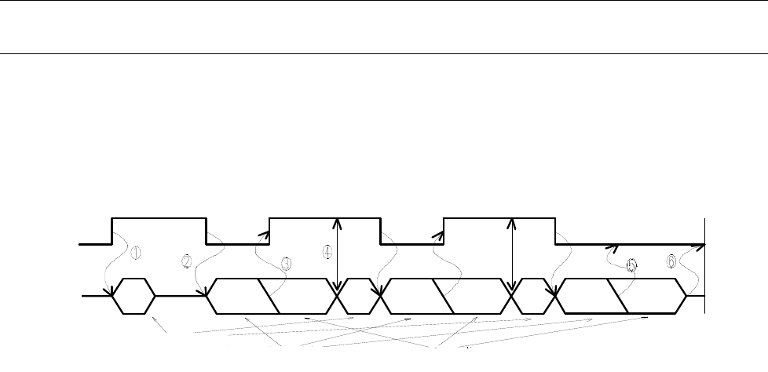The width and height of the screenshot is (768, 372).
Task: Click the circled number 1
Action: (x=135, y=253)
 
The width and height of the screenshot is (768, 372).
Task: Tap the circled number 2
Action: (x=187, y=261)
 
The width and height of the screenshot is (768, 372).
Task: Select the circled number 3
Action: (x=286, y=264)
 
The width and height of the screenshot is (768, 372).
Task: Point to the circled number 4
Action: (x=327, y=253)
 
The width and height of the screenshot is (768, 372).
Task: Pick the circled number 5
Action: (x=631, y=266)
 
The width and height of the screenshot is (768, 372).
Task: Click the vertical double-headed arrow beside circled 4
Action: (x=337, y=255)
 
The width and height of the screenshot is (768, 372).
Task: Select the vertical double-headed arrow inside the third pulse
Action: (x=512, y=255)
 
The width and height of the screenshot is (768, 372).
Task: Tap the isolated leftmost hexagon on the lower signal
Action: (x=134, y=296)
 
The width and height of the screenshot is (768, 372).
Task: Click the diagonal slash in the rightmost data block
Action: (x=620, y=296)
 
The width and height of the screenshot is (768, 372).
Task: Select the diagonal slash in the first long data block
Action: (x=269, y=296)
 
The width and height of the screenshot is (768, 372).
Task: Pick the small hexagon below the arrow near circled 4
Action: (x=354, y=296)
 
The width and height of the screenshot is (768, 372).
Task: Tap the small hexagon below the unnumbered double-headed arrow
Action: (x=532, y=296)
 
